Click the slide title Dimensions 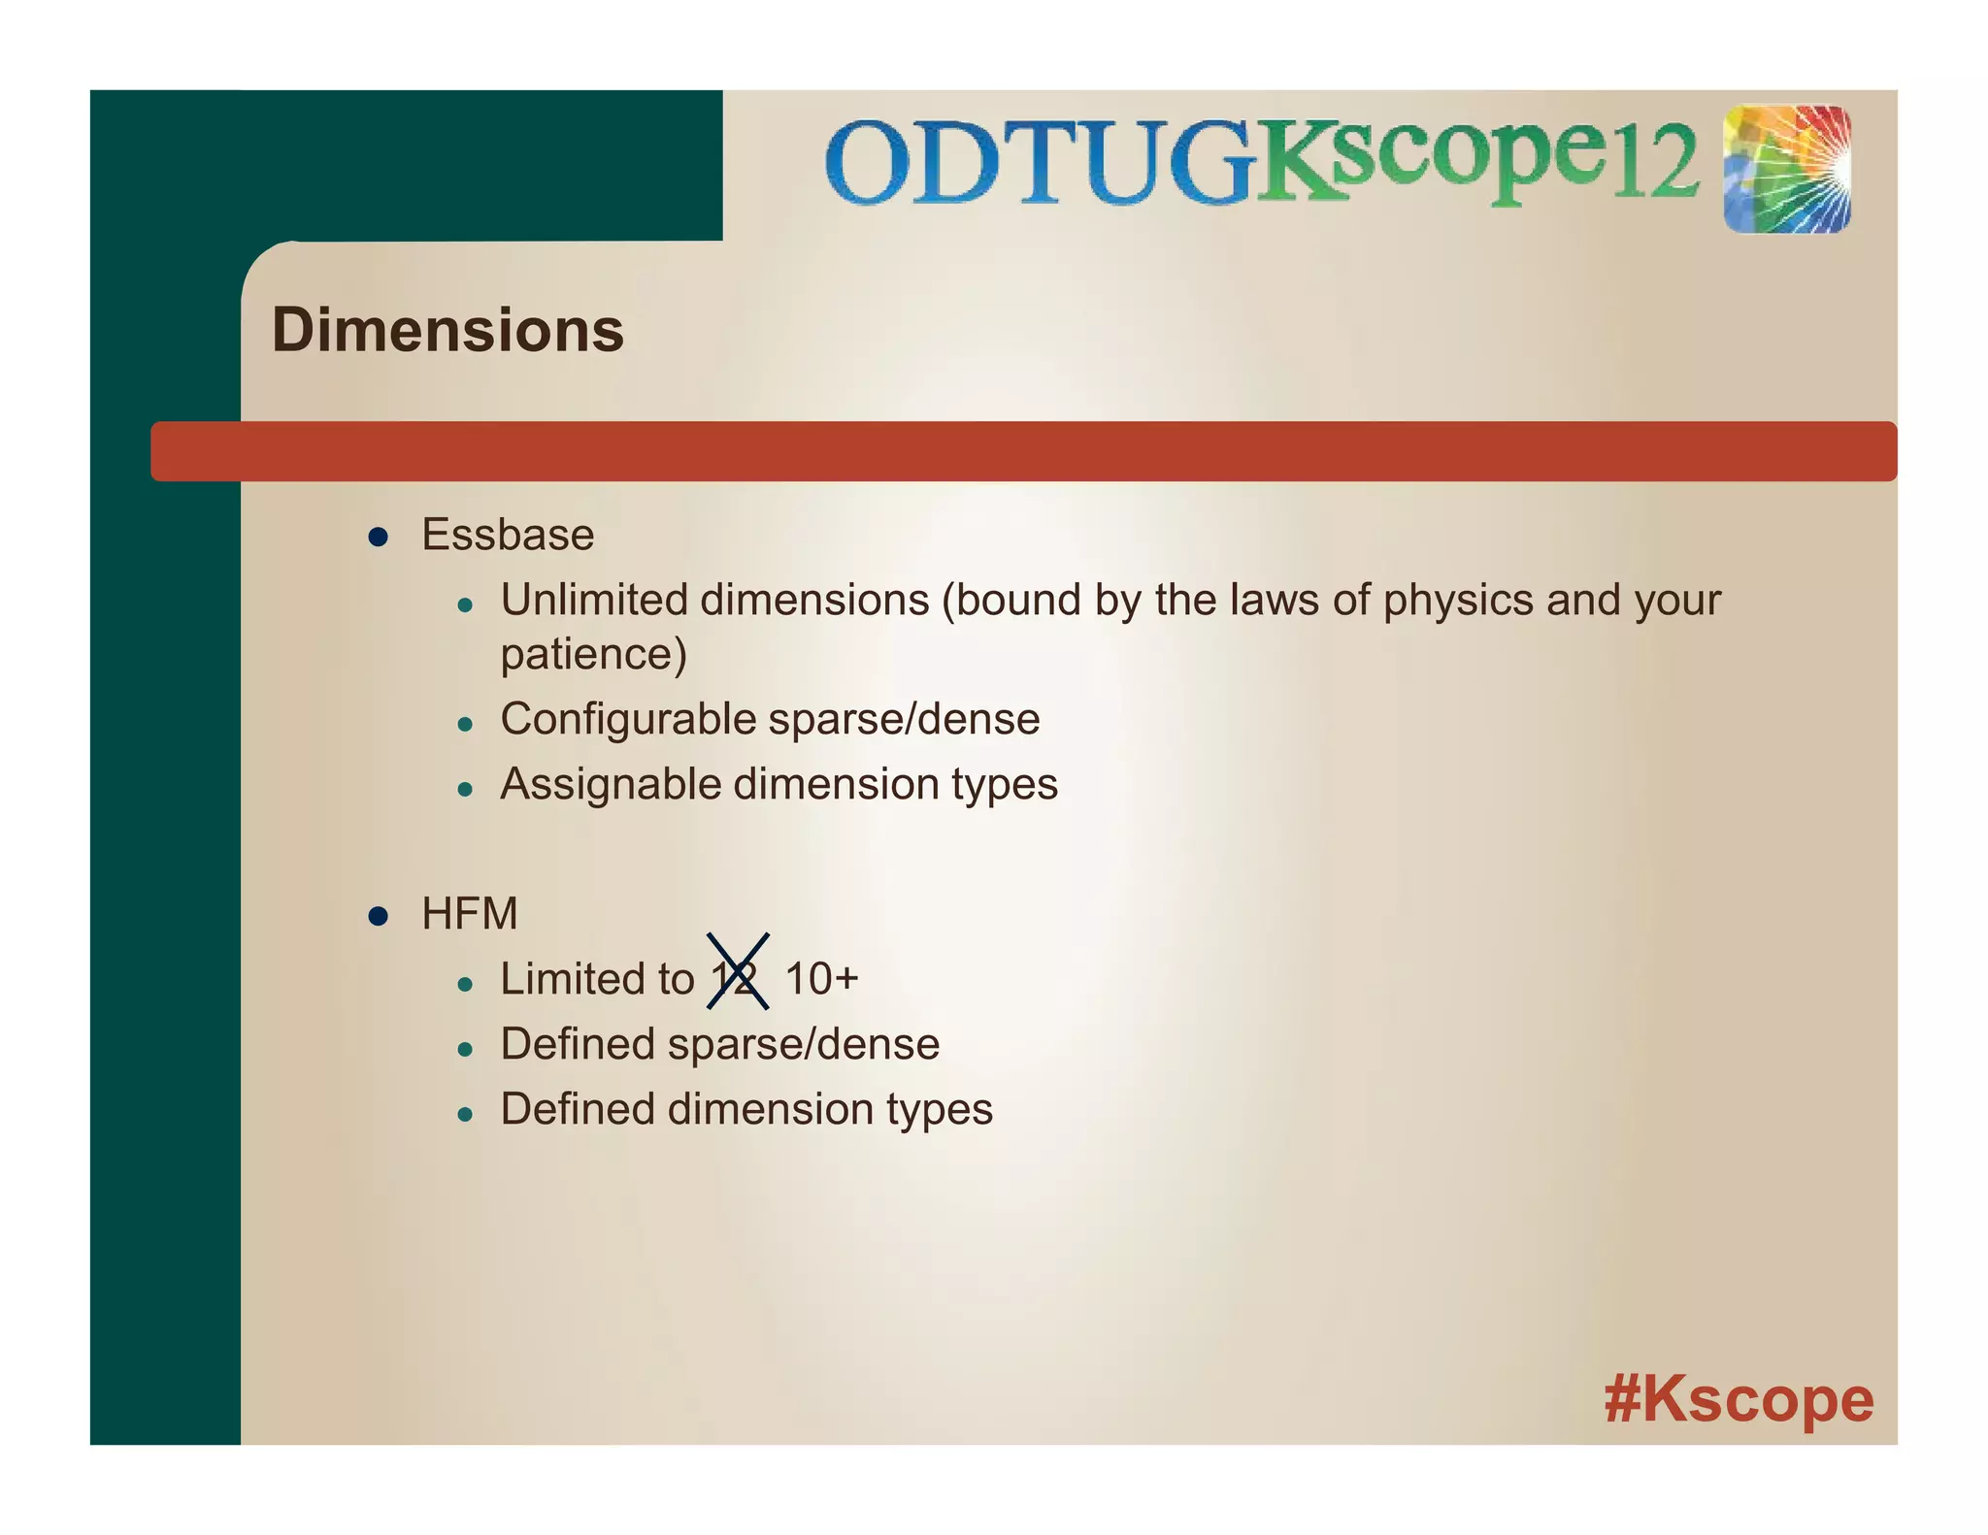[x=447, y=330]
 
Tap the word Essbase [x=508, y=535]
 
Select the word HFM [x=470, y=914]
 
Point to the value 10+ [x=821, y=978]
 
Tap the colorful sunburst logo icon [x=1787, y=170]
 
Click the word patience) [x=593, y=655]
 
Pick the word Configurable [x=628, y=720]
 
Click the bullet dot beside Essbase [x=379, y=537]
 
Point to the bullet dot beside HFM [x=379, y=916]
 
